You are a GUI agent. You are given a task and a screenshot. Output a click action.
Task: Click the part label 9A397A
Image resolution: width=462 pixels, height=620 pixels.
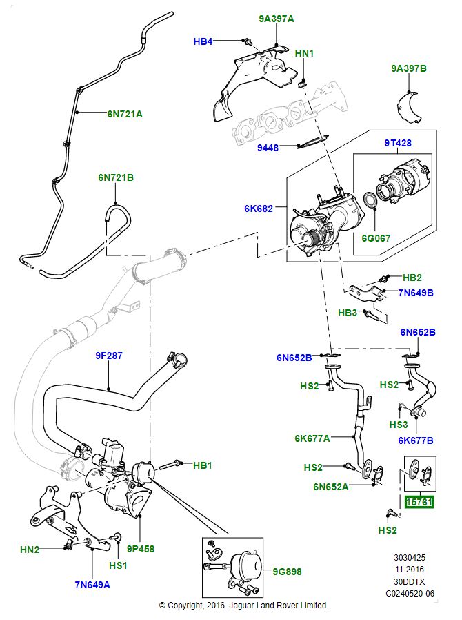click(276, 19)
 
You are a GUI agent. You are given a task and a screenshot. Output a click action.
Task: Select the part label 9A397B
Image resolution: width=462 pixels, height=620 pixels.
click(408, 68)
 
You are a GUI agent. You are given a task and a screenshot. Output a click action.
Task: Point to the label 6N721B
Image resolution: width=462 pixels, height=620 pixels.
click(115, 177)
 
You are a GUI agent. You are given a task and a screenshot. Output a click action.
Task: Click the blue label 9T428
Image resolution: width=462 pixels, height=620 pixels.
click(397, 144)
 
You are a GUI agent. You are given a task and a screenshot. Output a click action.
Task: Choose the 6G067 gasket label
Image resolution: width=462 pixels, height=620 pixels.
click(376, 238)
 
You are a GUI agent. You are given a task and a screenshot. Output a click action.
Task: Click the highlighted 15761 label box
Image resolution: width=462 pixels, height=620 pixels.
click(419, 503)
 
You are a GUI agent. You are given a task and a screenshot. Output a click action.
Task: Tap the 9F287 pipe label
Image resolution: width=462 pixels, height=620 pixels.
click(108, 356)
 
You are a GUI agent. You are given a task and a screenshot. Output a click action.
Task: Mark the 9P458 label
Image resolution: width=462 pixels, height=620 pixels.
click(141, 550)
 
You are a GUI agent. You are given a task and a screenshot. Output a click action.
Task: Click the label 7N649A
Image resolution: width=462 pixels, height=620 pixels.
click(93, 585)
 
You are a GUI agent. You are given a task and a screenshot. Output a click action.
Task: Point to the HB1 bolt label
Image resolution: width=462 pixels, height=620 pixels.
click(202, 465)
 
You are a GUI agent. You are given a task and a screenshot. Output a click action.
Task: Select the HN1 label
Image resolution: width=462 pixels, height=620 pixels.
click(304, 53)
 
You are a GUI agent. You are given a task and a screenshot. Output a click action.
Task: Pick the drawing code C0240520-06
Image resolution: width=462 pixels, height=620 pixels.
click(410, 593)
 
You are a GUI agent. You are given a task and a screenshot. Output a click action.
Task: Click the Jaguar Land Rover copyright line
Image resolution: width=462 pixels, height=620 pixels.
click(243, 606)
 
